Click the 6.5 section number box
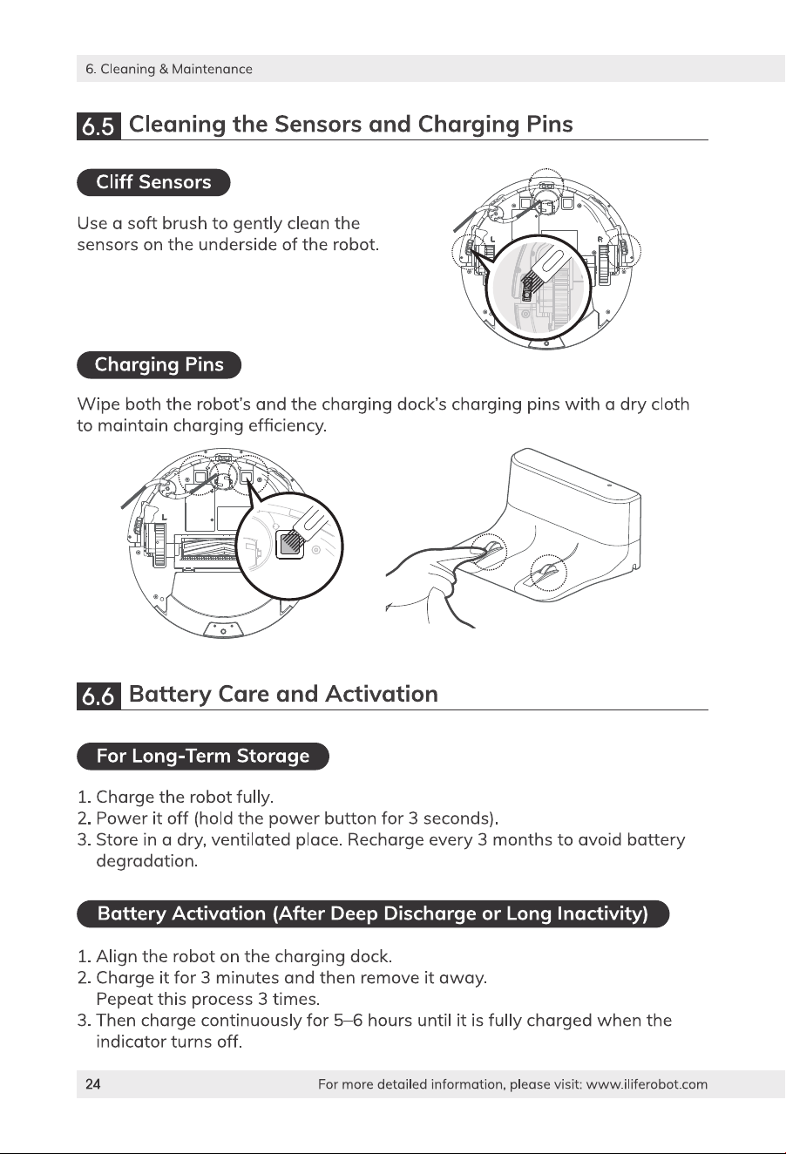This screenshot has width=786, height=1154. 98,126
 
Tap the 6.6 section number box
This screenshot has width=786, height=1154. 98,696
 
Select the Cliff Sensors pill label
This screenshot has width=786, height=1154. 153,182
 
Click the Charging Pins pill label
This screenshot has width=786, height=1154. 159,364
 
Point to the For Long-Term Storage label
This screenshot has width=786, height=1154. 203,757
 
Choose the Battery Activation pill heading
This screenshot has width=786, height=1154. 373,914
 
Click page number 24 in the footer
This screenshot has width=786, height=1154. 92,1084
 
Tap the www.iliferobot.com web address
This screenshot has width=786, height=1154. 647,1084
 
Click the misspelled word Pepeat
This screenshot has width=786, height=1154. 124,1000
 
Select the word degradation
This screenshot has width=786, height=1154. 146,861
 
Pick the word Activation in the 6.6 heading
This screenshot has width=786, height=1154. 381,694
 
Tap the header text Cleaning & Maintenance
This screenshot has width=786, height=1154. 176,69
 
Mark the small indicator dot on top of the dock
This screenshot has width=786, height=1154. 609,485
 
